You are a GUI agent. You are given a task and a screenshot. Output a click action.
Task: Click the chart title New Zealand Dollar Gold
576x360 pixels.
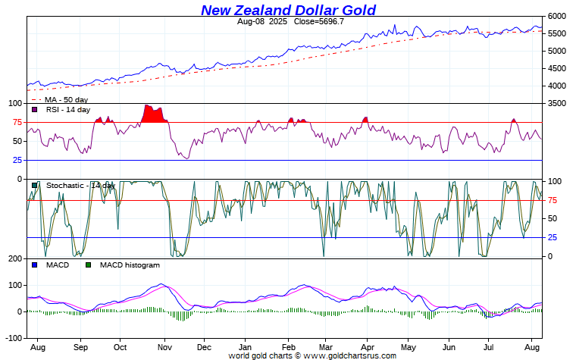coord(288,10)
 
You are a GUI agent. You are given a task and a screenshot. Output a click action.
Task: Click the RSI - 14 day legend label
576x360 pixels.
coord(67,110)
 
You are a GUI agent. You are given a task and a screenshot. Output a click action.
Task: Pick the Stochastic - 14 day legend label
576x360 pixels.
coord(80,186)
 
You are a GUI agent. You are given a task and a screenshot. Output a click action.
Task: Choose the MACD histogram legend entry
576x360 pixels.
coord(130,265)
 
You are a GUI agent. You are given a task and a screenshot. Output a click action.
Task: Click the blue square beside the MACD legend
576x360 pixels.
coord(35,265)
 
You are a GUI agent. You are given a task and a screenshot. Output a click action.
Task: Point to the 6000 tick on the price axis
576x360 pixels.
coord(556,16)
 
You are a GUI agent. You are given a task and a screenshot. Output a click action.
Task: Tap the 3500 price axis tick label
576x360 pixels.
coord(556,102)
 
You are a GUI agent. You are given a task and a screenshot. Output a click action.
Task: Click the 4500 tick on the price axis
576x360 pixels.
coord(556,68)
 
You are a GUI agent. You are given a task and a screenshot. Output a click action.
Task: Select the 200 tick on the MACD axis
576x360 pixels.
coord(14,258)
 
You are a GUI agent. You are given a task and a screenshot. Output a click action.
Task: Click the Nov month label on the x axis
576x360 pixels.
coord(164,346)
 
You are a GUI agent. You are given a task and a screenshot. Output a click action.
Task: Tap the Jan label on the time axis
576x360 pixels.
coord(245,346)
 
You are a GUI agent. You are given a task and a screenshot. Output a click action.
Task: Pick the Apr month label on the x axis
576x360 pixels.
coord(367,346)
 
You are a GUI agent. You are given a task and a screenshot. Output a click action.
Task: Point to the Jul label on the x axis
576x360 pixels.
coord(489,346)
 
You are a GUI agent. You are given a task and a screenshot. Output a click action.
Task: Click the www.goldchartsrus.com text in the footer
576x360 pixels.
coord(349,355)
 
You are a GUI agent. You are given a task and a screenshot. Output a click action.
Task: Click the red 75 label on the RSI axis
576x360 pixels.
coord(16,122)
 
